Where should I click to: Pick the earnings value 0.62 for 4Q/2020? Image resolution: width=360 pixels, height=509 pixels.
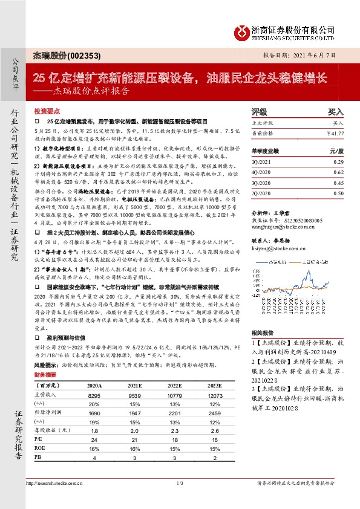tap(338, 173)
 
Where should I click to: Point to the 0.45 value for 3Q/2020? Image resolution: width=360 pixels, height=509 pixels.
tap(338, 183)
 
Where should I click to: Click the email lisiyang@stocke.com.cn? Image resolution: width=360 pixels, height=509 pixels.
tap(276, 247)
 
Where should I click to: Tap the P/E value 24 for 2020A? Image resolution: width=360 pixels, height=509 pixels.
tap(94, 440)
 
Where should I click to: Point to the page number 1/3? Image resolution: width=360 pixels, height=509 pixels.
tap(180, 482)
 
